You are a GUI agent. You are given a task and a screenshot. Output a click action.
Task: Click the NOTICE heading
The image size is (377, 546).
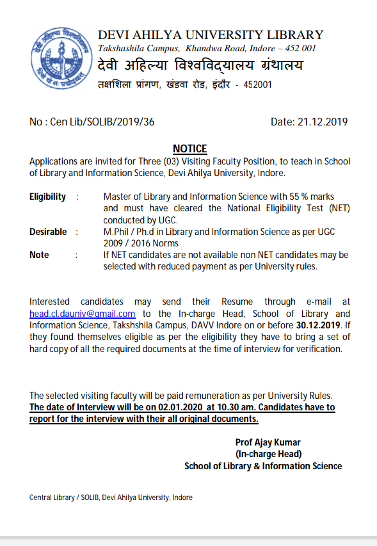click(189, 149)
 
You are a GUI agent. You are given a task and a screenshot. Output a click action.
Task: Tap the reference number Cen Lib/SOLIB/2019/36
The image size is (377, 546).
click(102, 122)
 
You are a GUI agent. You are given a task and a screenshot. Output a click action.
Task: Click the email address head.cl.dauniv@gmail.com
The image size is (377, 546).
click(83, 314)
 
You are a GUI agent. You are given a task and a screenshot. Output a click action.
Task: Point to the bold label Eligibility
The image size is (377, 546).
click(47, 197)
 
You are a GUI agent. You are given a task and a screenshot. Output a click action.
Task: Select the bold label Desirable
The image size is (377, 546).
click(48, 232)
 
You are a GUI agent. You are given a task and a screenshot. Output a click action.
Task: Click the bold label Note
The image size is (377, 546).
click(39, 255)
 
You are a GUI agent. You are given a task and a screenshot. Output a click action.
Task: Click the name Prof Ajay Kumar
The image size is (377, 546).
click(268, 442)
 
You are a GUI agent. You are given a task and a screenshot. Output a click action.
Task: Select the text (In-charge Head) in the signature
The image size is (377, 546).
click(268, 454)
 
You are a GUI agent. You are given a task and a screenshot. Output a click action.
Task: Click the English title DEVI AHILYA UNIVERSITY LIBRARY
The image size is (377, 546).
click(211, 35)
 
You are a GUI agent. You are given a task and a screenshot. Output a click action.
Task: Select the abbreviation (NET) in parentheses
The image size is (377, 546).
click(337, 208)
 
